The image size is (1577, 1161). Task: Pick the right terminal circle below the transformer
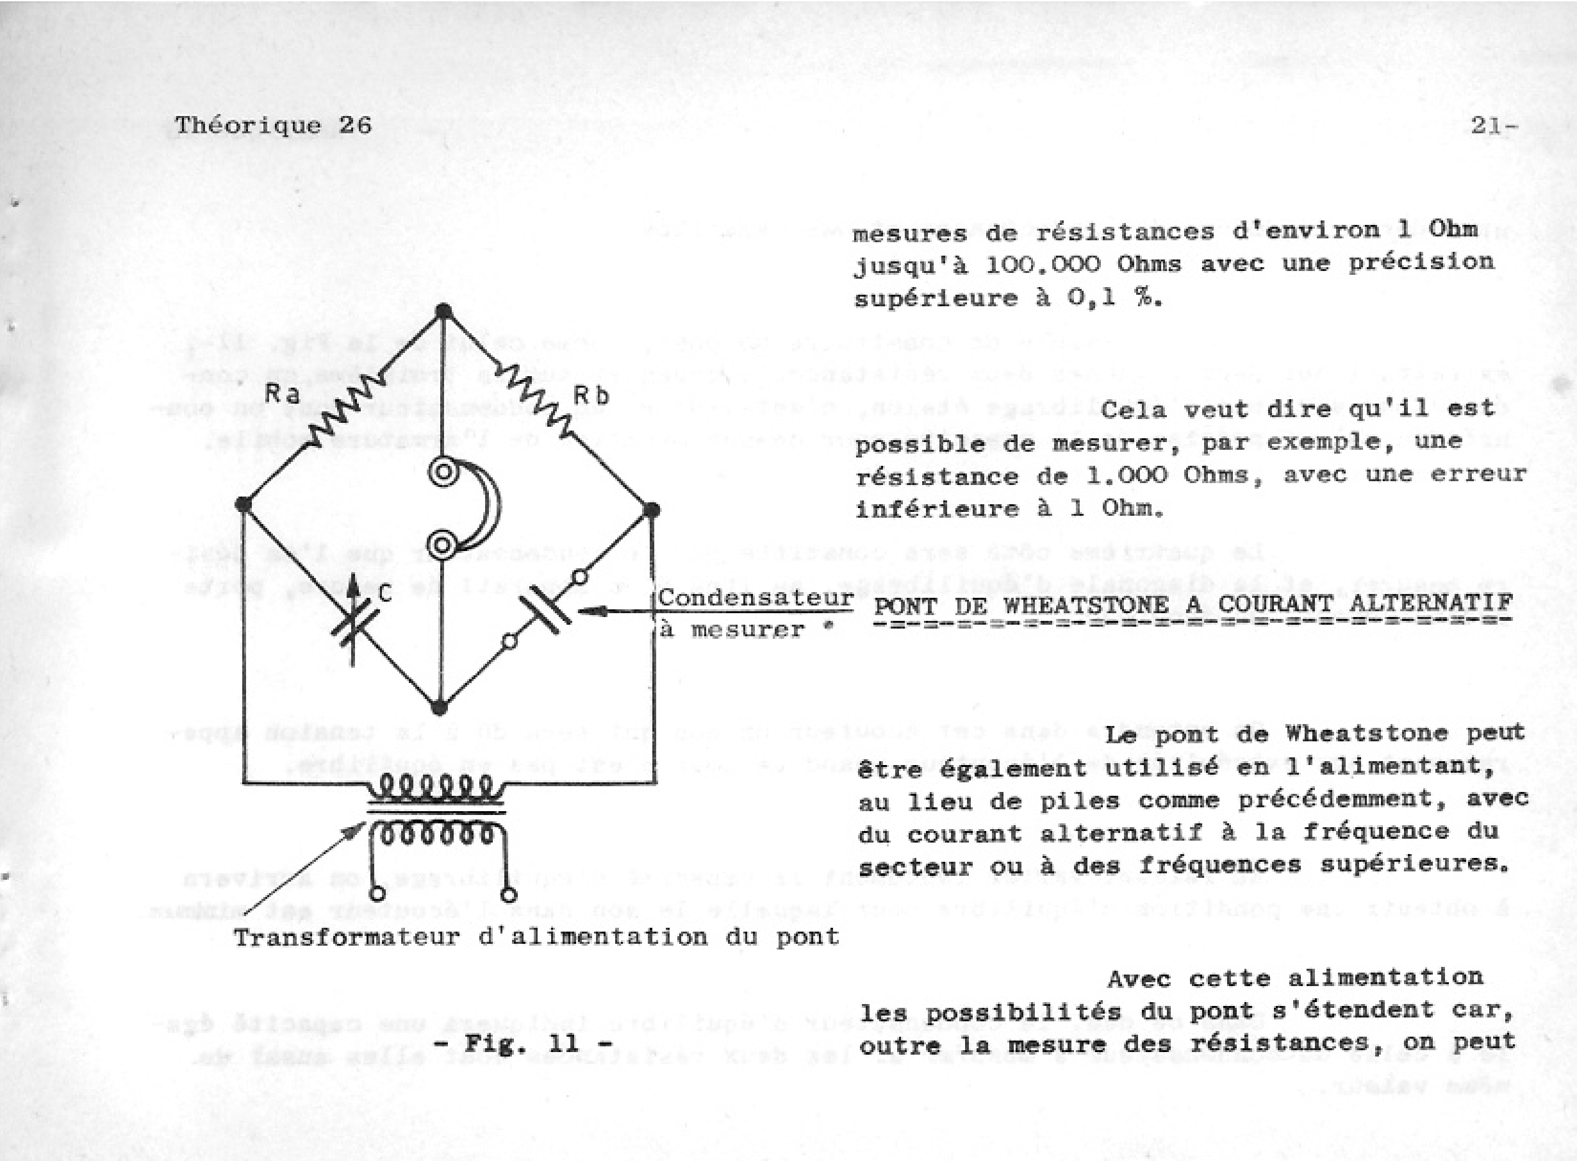tap(509, 894)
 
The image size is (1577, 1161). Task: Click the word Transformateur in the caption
tap(346, 937)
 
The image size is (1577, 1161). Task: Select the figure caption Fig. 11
tap(524, 1043)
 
